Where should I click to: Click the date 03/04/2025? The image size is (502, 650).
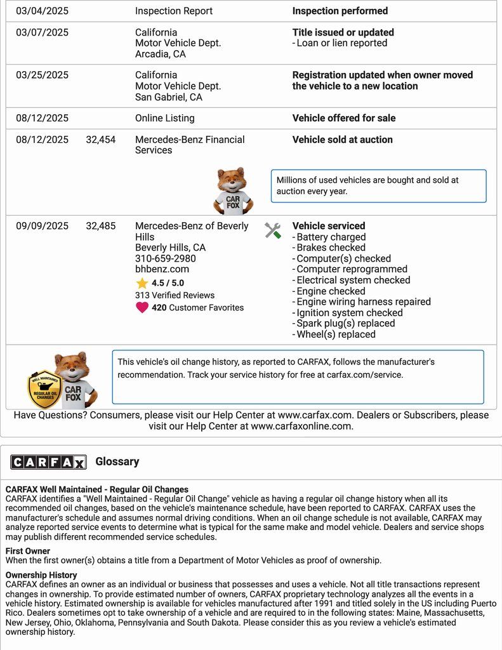pyautogui.click(x=42, y=11)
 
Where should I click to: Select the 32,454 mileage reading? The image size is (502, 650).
pyautogui.click(x=101, y=140)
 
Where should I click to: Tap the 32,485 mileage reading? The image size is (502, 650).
pyautogui.click(x=101, y=226)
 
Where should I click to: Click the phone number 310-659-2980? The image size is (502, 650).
pyautogui.click(x=165, y=258)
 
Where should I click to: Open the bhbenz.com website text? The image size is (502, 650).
pyautogui.click(x=162, y=269)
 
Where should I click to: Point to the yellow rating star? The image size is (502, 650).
pyautogui.click(x=142, y=283)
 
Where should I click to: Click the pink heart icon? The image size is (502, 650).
pyautogui.click(x=142, y=308)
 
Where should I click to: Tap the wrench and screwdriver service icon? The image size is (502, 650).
pyautogui.click(x=273, y=230)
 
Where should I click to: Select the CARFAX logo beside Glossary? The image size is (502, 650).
pyautogui.click(x=48, y=462)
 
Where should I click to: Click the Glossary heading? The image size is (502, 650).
pyautogui.click(x=117, y=461)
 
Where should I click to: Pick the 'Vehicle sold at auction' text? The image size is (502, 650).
pyautogui.click(x=342, y=140)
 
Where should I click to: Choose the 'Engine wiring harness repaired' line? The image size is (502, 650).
pyautogui.click(x=363, y=302)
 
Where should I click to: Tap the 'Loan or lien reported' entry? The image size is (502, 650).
pyautogui.click(x=341, y=43)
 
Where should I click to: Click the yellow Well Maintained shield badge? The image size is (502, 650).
pyautogui.click(x=44, y=389)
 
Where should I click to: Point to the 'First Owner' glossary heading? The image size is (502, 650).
pyautogui.click(x=28, y=551)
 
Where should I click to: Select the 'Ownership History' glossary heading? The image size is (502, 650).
pyautogui.click(x=41, y=575)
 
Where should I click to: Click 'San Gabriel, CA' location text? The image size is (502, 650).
pyautogui.click(x=169, y=97)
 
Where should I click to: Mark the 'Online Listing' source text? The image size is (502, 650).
pyautogui.click(x=165, y=118)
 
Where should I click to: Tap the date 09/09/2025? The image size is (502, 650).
pyautogui.click(x=42, y=226)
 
